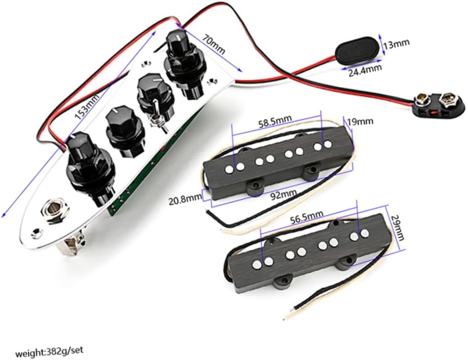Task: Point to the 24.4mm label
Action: click(365, 69)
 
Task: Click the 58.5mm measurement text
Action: click(274, 121)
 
